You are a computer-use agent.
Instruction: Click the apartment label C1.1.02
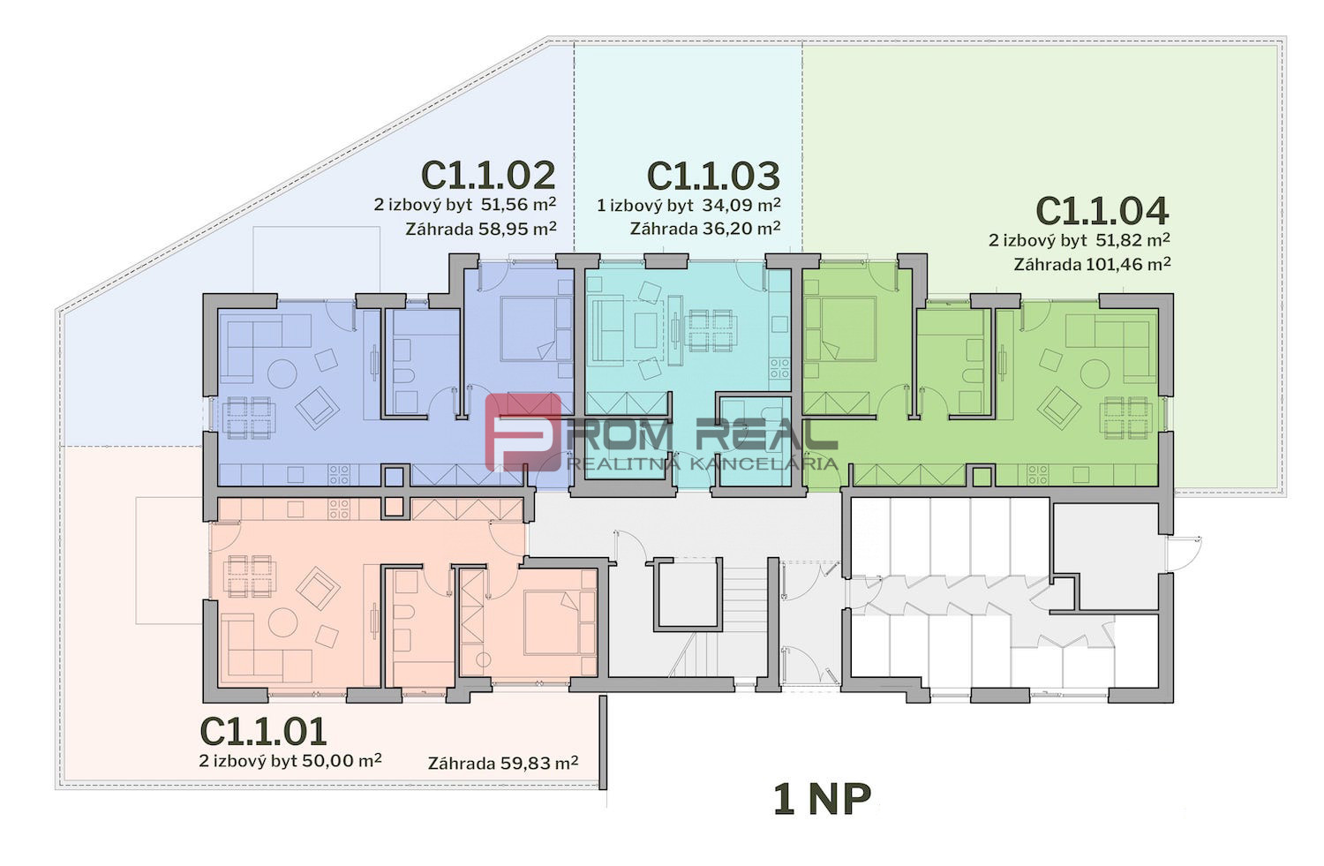(x=488, y=175)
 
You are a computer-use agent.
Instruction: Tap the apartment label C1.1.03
(x=713, y=175)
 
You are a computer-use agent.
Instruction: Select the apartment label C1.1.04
(x=1102, y=211)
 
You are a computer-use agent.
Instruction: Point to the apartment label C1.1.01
(x=264, y=731)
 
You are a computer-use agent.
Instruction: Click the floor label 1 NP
(x=822, y=799)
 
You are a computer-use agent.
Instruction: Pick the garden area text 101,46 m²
(x=1128, y=264)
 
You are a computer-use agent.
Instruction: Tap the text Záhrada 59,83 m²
(x=503, y=763)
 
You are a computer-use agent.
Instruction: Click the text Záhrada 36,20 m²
(x=705, y=228)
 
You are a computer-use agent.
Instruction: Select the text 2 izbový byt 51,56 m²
(x=464, y=205)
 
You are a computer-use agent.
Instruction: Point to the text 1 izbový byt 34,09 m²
(x=688, y=205)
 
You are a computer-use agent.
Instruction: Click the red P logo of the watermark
(x=523, y=432)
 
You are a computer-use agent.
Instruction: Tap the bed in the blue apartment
(x=529, y=328)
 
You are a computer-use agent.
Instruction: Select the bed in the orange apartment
(x=552, y=622)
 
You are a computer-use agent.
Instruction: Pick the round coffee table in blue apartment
(x=282, y=373)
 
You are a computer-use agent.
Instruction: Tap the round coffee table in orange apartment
(x=282, y=621)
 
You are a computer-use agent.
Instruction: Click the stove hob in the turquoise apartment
(x=779, y=368)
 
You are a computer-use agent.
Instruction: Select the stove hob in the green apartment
(x=1038, y=473)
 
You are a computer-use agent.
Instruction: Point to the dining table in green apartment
(x=1126, y=418)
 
